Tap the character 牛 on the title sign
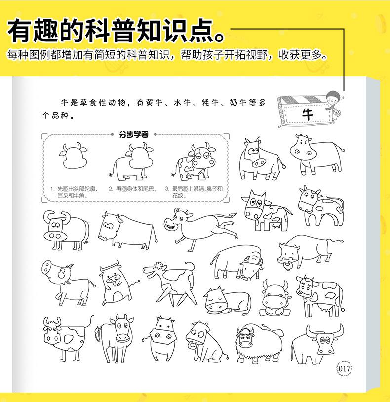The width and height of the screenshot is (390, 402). coord(308,115)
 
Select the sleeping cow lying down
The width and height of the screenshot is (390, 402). coord(226,299)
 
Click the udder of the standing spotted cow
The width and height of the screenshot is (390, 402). coord(325,307)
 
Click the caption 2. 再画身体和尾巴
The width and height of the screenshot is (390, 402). coord(133,189)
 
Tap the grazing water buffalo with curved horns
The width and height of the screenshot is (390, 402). coord(236,260)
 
